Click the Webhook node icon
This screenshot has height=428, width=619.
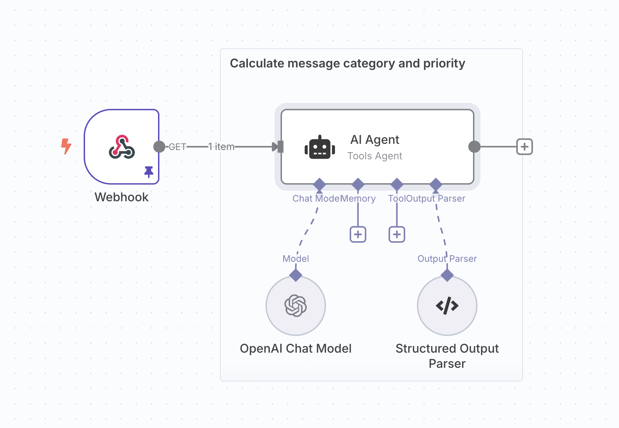pyautogui.click(x=122, y=147)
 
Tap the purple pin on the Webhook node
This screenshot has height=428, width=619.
pyautogui.click(x=149, y=171)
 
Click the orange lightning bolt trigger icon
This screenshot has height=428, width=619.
pyautogui.click(x=66, y=146)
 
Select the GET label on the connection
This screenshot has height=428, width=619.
pyautogui.click(x=177, y=147)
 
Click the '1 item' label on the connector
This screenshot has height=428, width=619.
pyautogui.click(x=221, y=147)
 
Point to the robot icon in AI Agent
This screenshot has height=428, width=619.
pyautogui.click(x=319, y=147)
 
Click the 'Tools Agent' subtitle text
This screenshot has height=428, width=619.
pyautogui.click(x=375, y=156)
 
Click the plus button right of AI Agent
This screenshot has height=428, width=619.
pyautogui.click(x=524, y=147)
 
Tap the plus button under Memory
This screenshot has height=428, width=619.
pyautogui.click(x=358, y=234)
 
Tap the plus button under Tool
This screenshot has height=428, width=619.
pyautogui.click(x=397, y=234)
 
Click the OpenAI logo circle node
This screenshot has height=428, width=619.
pyautogui.click(x=296, y=306)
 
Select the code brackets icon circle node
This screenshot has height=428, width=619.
pyautogui.click(x=447, y=306)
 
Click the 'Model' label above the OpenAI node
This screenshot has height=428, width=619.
pyautogui.click(x=296, y=259)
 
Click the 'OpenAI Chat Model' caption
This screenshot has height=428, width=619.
pyautogui.click(x=296, y=349)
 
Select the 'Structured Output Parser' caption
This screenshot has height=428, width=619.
pyautogui.click(x=447, y=356)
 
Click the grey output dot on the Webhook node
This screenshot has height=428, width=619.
pyautogui.click(x=159, y=147)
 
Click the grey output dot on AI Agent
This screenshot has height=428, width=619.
pyautogui.click(x=474, y=147)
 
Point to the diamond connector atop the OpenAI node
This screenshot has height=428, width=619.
pyautogui.click(x=296, y=275)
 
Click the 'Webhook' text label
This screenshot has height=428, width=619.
pyautogui.click(x=122, y=197)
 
